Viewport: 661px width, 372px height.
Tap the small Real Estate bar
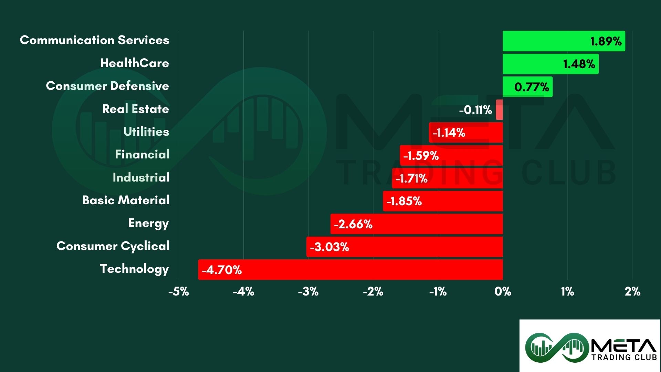point(499,110)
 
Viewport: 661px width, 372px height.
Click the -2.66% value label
point(353,224)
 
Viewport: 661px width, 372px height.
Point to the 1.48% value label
point(579,64)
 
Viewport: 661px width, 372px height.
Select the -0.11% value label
point(475,110)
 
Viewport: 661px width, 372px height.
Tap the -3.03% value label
point(329,247)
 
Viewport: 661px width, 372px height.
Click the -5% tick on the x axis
point(179,292)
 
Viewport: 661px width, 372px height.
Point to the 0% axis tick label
point(503,292)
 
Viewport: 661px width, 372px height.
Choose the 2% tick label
point(632,292)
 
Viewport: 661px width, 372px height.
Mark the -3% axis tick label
point(308,292)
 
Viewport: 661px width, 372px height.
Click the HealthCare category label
point(135,63)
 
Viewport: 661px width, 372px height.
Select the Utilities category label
point(146,132)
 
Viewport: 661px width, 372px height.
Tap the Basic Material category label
point(126,200)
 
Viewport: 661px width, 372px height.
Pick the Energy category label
point(148,223)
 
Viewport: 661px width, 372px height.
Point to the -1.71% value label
point(411,178)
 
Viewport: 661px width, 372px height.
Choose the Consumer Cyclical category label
point(113,246)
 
